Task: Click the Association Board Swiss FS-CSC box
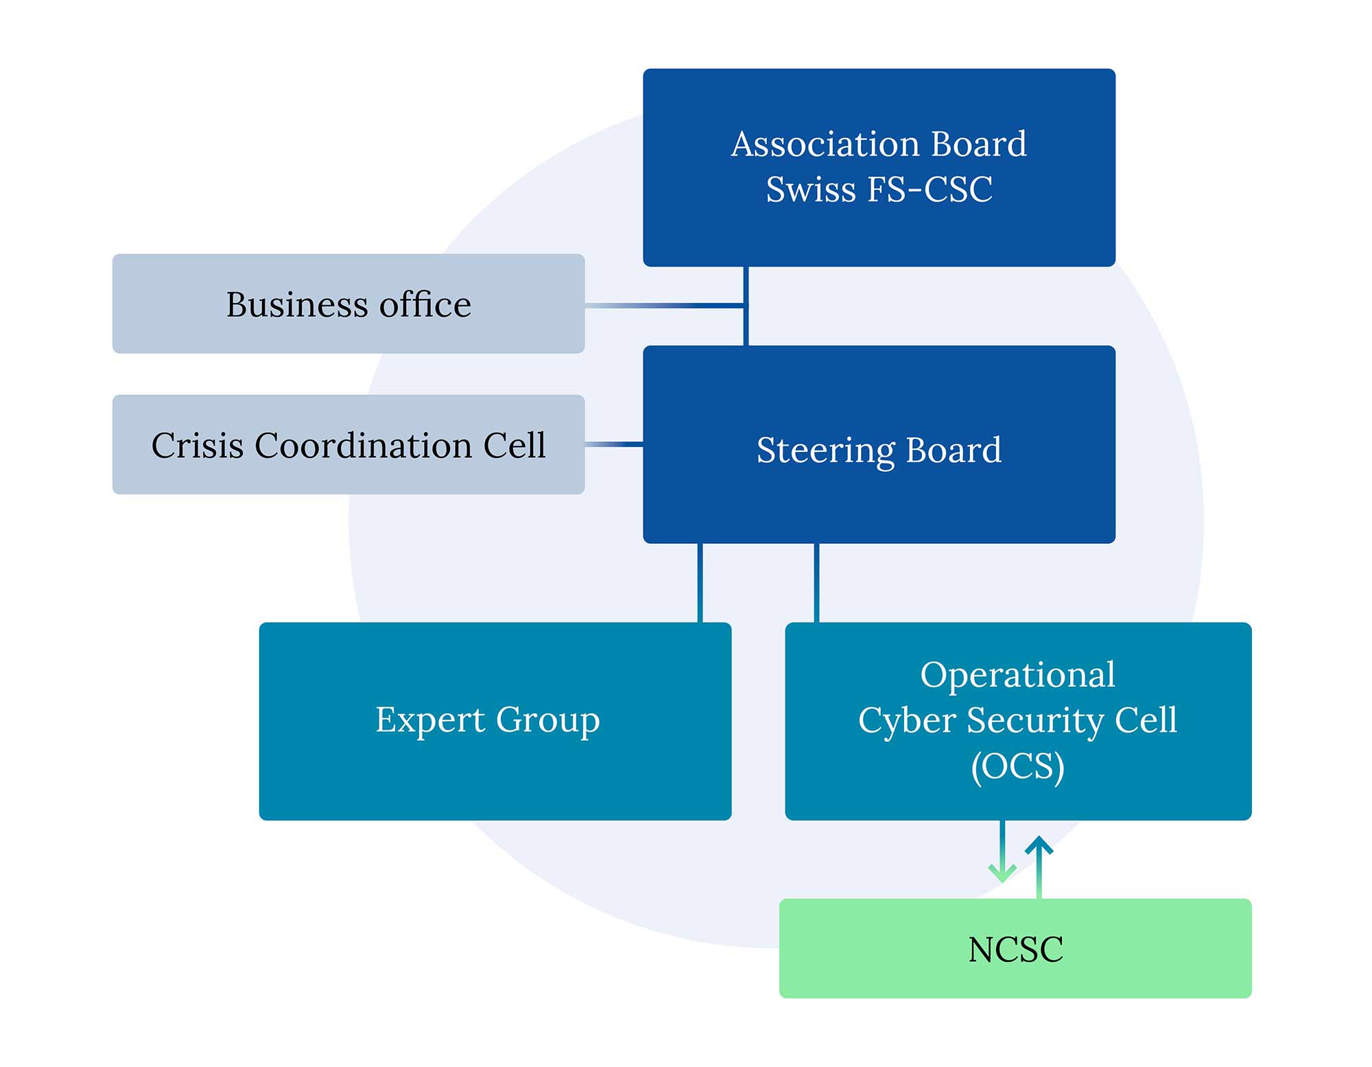pyautogui.click(x=879, y=167)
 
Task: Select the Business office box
pyautogui.click(x=348, y=304)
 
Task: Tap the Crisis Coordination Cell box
pyautogui.click(x=348, y=444)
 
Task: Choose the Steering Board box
pyautogui.click(x=879, y=444)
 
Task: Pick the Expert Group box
pyautogui.click(x=495, y=721)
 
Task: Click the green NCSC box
pyautogui.click(x=1015, y=948)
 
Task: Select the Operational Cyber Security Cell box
pyautogui.click(x=1018, y=721)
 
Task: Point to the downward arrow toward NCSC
pyautogui.click(x=1002, y=851)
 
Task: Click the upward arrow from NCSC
pyautogui.click(x=1039, y=867)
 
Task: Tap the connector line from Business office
pyautogui.click(x=665, y=305)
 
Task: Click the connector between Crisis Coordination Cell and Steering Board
pyautogui.click(x=614, y=445)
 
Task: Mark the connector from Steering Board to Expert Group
pyautogui.click(x=700, y=583)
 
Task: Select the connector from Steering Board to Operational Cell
pyautogui.click(x=816, y=583)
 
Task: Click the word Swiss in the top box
pyautogui.click(x=811, y=189)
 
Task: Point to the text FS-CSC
pyautogui.click(x=930, y=189)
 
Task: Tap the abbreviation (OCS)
pyautogui.click(x=1018, y=767)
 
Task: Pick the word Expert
pyautogui.click(x=430, y=721)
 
